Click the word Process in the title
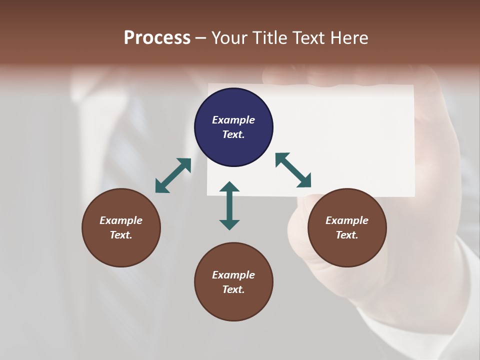click(x=157, y=38)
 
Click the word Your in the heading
click(x=230, y=38)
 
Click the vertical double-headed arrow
click(x=229, y=205)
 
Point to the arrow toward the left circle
click(x=173, y=175)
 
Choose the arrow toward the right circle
click(x=293, y=170)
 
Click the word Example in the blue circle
click(x=233, y=120)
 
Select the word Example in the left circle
click(x=121, y=220)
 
